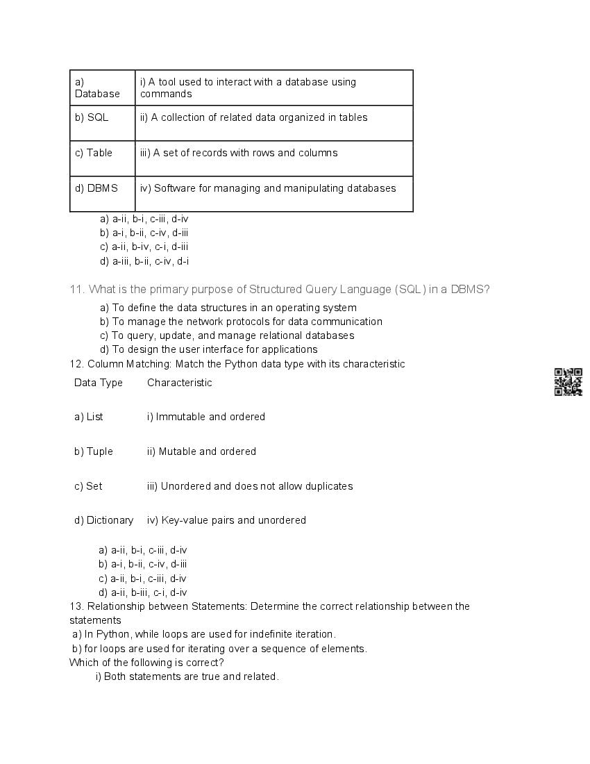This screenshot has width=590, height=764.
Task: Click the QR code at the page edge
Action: click(568, 382)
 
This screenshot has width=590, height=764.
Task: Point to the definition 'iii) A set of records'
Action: click(239, 153)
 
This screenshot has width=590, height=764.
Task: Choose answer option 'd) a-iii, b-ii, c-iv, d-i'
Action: click(144, 261)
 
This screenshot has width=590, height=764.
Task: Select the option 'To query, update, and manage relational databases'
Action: click(227, 335)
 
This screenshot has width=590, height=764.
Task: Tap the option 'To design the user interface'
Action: click(209, 349)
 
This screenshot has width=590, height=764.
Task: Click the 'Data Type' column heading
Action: click(99, 383)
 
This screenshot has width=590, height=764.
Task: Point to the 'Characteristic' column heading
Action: click(180, 383)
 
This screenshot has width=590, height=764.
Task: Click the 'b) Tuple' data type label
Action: click(94, 451)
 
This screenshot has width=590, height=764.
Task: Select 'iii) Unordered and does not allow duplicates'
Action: click(250, 486)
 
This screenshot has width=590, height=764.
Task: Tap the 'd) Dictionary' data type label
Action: click(104, 520)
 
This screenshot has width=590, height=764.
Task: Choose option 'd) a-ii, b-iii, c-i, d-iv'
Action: click(143, 592)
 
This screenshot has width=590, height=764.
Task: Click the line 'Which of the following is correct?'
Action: click(146, 663)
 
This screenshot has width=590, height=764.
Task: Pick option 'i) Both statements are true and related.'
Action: click(187, 676)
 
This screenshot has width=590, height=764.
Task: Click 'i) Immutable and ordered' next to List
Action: click(206, 417)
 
